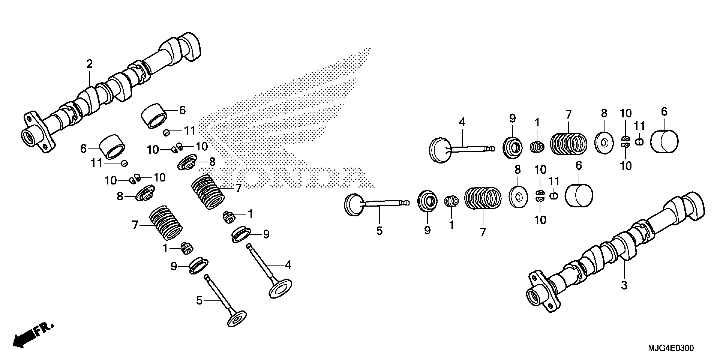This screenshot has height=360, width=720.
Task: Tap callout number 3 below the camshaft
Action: pyautogui.click(x=624, y=285)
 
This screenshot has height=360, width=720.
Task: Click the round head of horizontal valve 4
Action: pyautogui.click(x=439, y=150)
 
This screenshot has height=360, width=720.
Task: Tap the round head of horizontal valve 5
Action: pyautogui.click(x=354, y=205)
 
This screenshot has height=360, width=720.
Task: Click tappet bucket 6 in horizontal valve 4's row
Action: pyautogui.click(x=664, y=141)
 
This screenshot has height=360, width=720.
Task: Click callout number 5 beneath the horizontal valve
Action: pyautogui.click(x=379, y=231)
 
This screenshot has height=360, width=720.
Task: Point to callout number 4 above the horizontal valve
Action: pyautogui.click(x=462, y=122)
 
